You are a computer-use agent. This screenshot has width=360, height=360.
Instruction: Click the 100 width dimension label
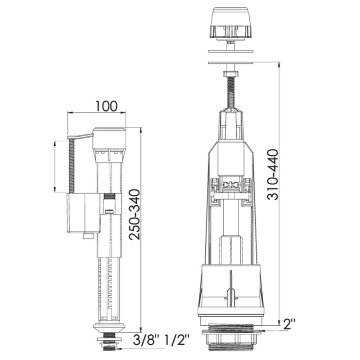tap(106, 106)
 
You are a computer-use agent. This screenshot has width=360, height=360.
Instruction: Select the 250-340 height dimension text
tap(134, 215)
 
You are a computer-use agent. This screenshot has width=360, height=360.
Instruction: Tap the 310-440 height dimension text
tap(273, 175)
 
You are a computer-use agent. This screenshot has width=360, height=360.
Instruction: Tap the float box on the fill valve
tap(83, 213)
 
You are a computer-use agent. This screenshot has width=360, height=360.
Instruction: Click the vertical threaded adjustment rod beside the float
tap(72, 166)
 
